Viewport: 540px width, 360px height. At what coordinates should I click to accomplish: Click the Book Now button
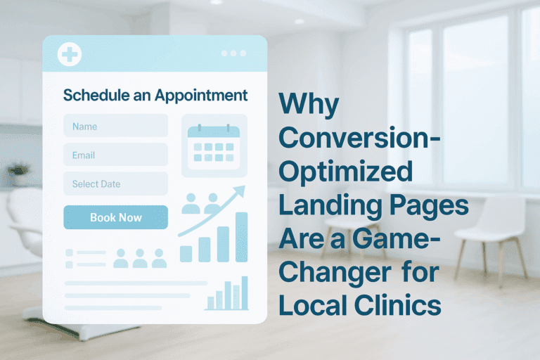[115, 217]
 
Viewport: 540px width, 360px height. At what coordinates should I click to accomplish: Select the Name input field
[115, 127]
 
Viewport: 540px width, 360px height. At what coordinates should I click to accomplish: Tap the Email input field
[115, 155]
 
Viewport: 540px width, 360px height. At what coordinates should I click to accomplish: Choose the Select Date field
[115, 184]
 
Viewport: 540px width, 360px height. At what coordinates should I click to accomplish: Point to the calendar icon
[214, 145]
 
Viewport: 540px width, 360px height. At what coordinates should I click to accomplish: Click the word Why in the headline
[309, 105]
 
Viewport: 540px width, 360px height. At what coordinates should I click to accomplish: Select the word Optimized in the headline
[346, 173]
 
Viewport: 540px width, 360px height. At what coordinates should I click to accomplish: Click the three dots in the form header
[233, 53]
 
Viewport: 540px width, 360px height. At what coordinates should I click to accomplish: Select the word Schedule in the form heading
[91, 94]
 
